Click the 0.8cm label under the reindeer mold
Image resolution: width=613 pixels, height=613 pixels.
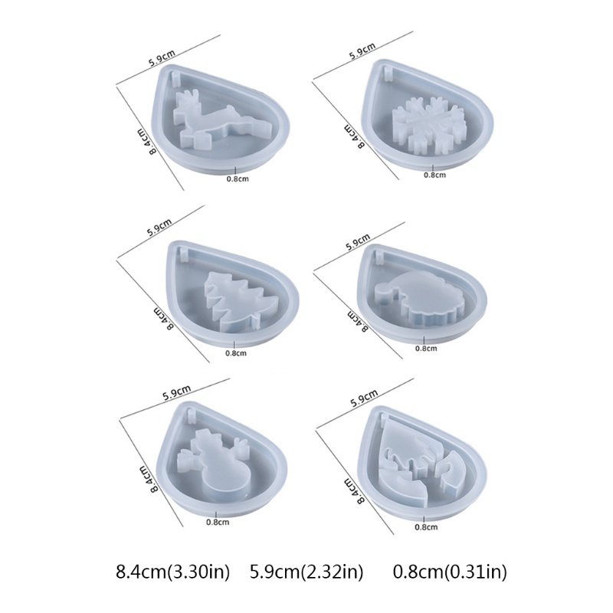click(238, 179)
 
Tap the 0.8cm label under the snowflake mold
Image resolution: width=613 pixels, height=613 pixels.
click(434, 175)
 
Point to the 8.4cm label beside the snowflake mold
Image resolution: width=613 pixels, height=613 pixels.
click(354, 136)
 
